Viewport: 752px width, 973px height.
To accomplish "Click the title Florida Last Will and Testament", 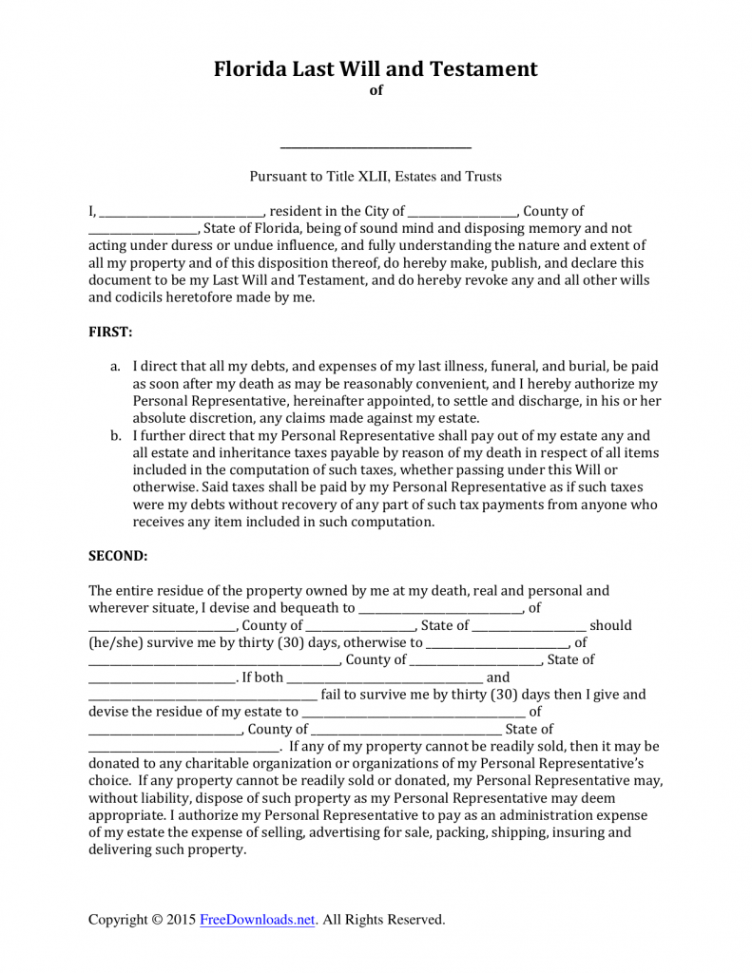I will pyautogui.click(x=376, y=68).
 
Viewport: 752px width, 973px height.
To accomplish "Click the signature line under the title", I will pyautogui.click(x=376, y=146).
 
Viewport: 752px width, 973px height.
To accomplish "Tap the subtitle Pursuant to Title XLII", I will pyautogui.click(x=376, y=176).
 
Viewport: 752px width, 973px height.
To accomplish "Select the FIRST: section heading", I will pyautogui.click(x=110, y=332).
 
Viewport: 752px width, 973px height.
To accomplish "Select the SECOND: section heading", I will pyautogui.click(x=118, y=555).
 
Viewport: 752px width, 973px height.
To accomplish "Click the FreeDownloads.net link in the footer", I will pyautogui.click(x=257, y=920).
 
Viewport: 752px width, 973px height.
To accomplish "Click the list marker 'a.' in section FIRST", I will pyautogui.click(x=115, y=366).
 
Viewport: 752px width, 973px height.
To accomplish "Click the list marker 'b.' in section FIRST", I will pyautogui.click(x=115, y=436).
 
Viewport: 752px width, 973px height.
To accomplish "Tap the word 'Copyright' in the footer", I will pyautogui.click(x=117, y=920).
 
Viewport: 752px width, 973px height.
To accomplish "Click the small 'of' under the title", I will pyautogui.click(x=376, y=91).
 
